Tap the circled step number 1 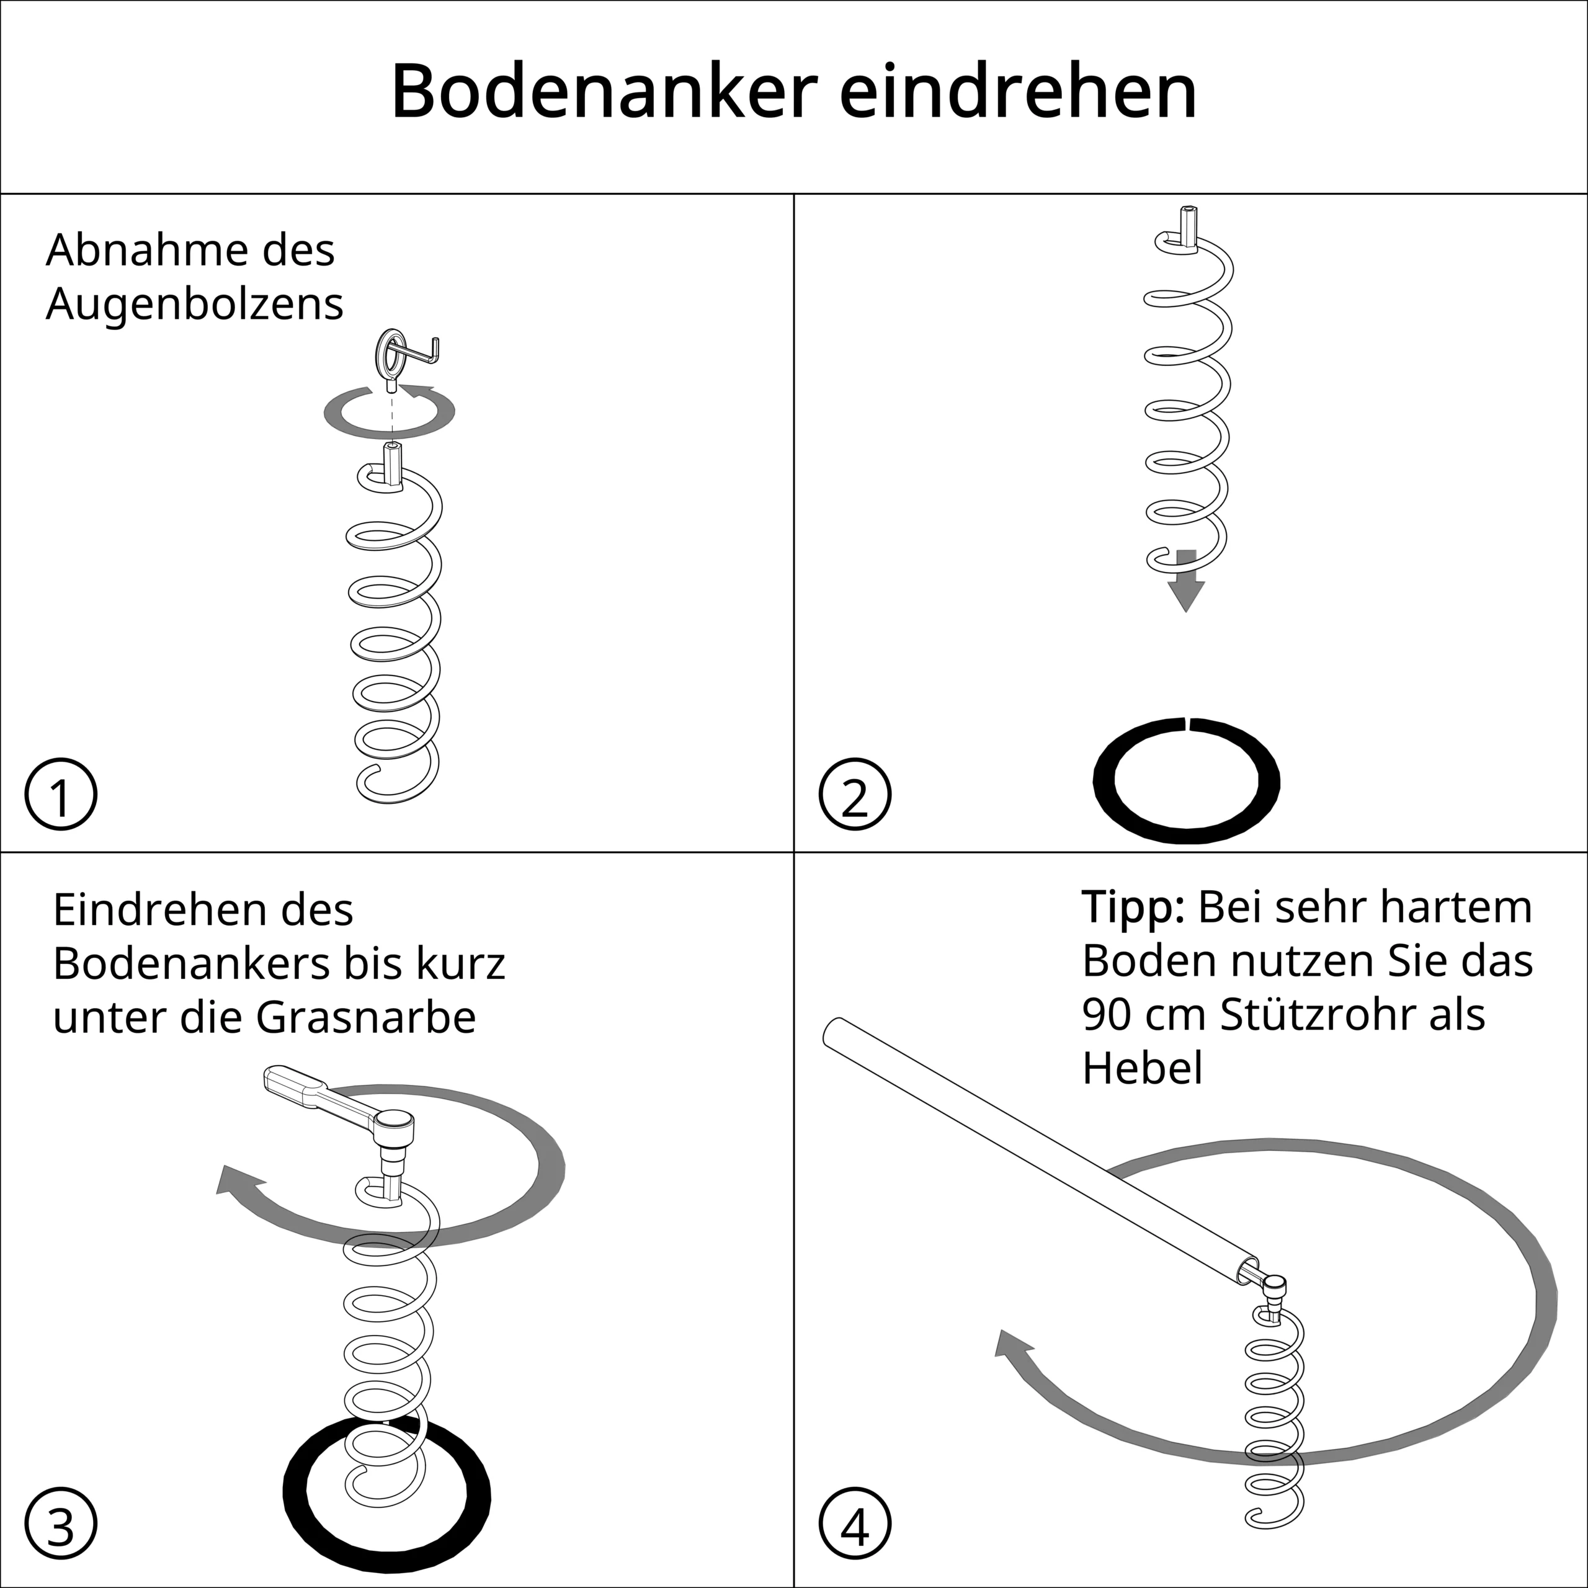(x=61, y=794)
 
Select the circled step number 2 (x=855, y=794)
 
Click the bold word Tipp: (x=1133, y=908)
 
